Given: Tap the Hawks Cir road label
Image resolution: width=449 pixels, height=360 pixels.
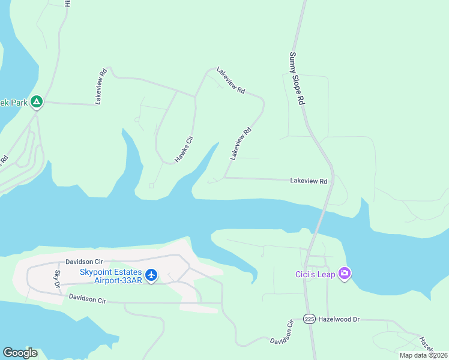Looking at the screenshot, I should coord(184,149).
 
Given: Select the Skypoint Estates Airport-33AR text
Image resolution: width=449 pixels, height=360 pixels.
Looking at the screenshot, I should coord(111,276).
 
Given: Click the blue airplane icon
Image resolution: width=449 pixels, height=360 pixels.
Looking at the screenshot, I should coord(151,275).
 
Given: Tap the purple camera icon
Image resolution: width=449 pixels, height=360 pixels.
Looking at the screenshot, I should coord(345,274).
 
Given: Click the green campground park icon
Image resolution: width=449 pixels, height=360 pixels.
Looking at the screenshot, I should coord(37,102).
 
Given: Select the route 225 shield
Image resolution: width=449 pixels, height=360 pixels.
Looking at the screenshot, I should coord(309,319).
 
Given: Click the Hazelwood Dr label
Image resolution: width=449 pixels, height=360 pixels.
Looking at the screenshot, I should coord(339,319).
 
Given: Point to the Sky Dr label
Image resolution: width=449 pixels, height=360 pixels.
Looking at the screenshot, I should coord(58,278).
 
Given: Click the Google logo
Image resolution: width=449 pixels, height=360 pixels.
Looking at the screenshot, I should coord(20,353).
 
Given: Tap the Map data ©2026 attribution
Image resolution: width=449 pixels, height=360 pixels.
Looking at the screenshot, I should coord(424,355).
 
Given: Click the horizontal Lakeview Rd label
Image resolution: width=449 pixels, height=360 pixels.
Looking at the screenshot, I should coord(309,181).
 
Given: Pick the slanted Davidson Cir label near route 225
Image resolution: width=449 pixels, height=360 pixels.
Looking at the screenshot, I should coord(282,331).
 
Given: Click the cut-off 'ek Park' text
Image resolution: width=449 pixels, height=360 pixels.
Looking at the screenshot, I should coord(14,103).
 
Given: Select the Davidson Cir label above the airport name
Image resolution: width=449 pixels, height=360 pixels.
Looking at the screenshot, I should coord(85,262).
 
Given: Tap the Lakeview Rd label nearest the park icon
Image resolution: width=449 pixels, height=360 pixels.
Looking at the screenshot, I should coord(101,86).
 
